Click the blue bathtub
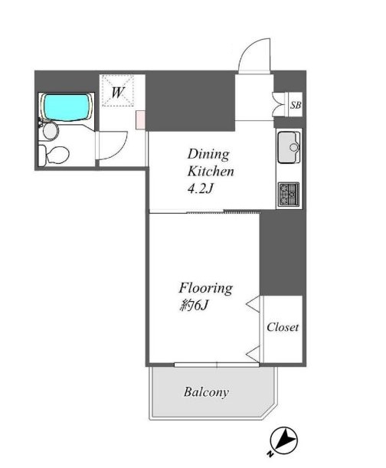pos(67,107)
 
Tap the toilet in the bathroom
pos(54,155)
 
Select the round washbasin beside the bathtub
pos(50,130)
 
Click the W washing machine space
pos(117,90)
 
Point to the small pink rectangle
pos(141,120)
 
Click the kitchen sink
pos(289,147)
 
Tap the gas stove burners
pos(289,195)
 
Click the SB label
pos(296,105)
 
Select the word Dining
pos(208,155)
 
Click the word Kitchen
pos(211,172)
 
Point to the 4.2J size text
pos(201,188)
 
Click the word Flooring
pos(206,288)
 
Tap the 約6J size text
pos(194,305)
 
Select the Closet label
pos(283,327)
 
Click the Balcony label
pos(206,392)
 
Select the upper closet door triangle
pos(254,304)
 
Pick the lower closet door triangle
pos(254,355)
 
